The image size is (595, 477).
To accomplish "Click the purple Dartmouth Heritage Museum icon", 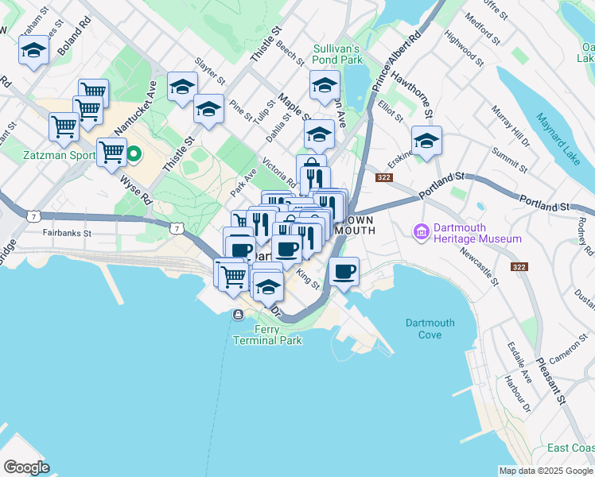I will coord(421,231).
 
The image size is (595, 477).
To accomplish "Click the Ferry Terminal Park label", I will coord(267,335).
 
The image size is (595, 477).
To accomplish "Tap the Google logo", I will coord(26,467).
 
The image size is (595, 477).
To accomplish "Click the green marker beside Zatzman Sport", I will coord(134,153).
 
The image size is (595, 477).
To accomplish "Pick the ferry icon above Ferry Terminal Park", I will coord(237,316).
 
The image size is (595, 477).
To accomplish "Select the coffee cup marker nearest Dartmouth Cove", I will coord(344,272).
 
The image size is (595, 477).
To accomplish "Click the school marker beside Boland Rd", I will coord(33,51).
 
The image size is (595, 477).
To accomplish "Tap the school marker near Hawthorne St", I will coord(426,141).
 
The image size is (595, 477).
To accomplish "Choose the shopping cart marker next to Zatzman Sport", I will coord(111,150).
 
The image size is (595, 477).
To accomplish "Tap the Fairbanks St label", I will coord(68,234).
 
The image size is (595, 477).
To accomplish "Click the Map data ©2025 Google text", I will coord(545,471).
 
